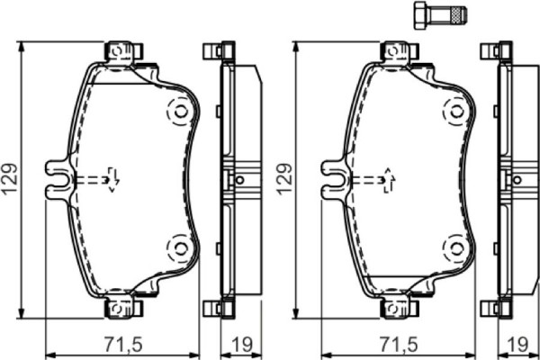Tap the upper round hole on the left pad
179,111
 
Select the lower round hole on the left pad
179,245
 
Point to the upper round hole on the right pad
456,111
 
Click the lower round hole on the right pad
456,245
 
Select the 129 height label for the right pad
285,180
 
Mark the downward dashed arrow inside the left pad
112,178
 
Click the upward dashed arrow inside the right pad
389,178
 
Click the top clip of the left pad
123,51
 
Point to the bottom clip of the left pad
123,308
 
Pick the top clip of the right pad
400,51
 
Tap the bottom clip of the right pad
400,308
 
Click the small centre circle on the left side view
239,179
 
